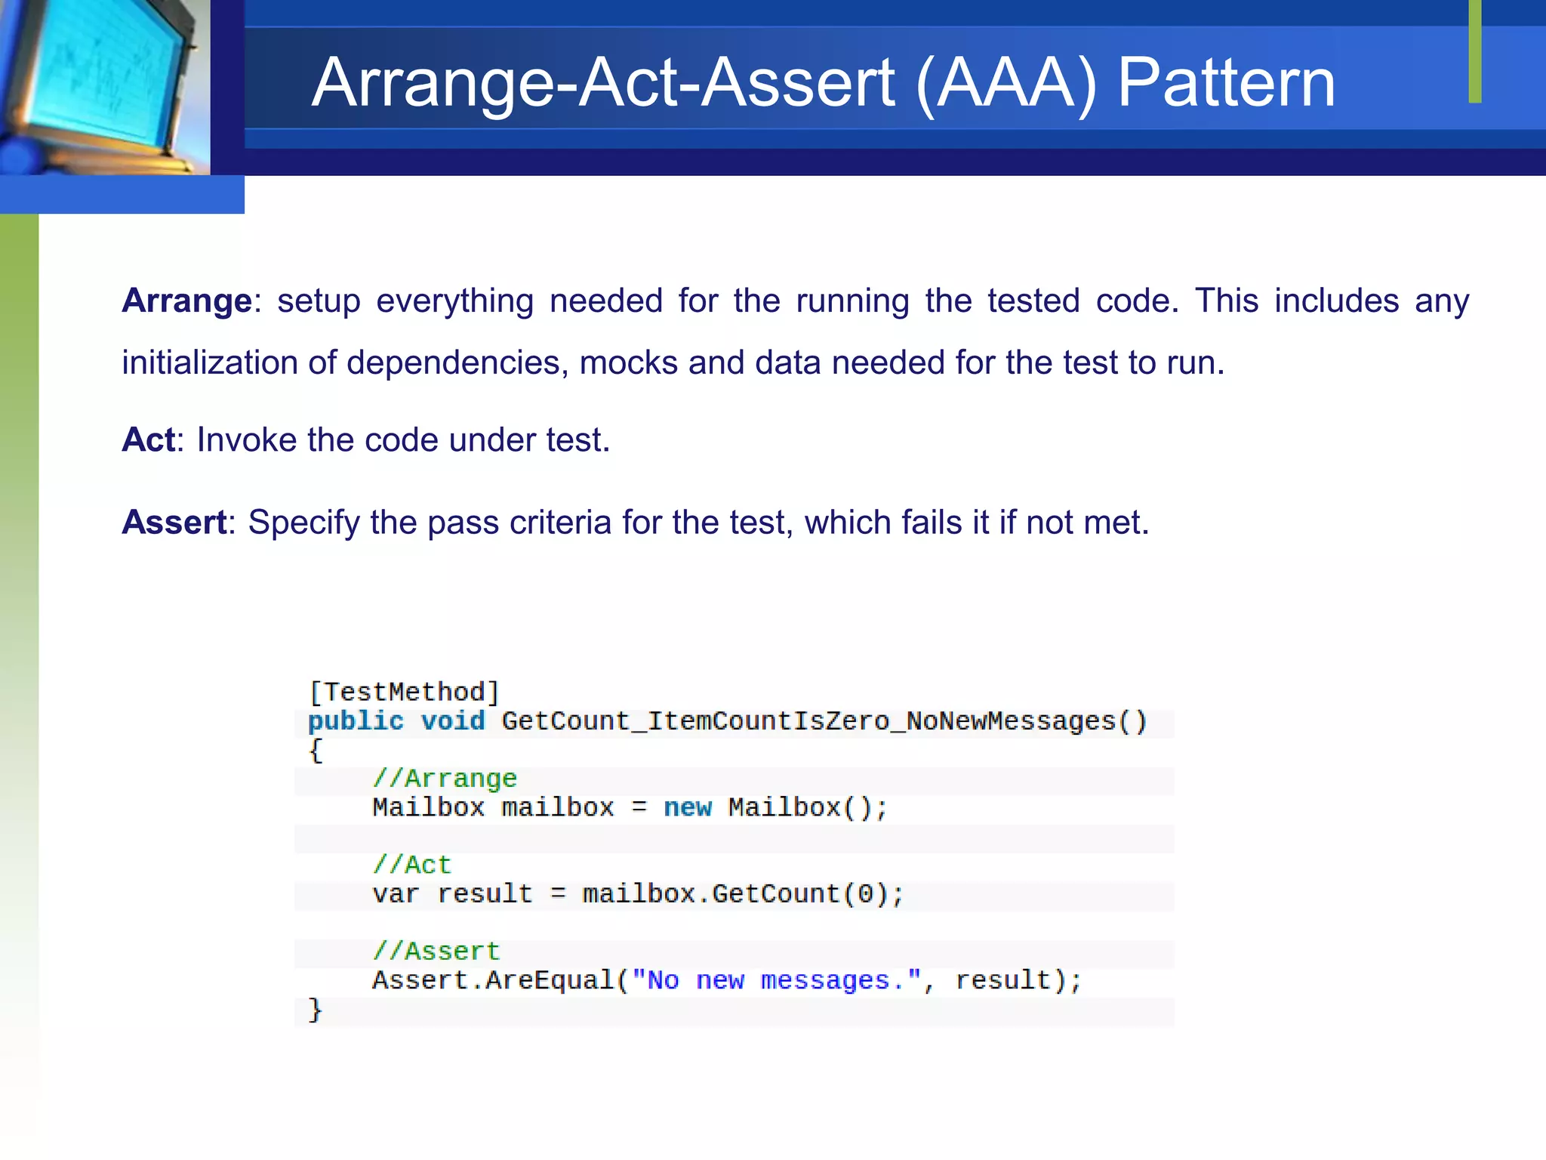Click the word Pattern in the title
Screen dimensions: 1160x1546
(x=1226, y=82)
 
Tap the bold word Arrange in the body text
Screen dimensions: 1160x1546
(x=186, y=301)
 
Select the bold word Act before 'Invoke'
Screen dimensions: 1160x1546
(x=148, y=440)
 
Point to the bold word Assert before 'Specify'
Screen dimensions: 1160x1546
(x=174, y=523)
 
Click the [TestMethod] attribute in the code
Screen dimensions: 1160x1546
(x=404, y=692)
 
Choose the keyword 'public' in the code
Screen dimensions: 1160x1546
(x=356, y=721)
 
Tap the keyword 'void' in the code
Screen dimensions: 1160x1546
(x=453, y=721)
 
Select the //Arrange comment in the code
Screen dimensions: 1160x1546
(x=445, y=779)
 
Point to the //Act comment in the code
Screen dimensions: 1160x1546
(x=411, y=865)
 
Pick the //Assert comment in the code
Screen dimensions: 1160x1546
(x=436, y=952)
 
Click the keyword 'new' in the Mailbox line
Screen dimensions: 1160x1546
(x=688, y=808)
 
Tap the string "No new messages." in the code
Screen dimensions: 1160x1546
(x=777, y=981)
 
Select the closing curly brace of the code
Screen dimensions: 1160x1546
(x=315, y=1010)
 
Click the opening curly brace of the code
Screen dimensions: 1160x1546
(x=316, y=751)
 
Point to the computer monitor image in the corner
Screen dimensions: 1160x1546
(x=102, y=83)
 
